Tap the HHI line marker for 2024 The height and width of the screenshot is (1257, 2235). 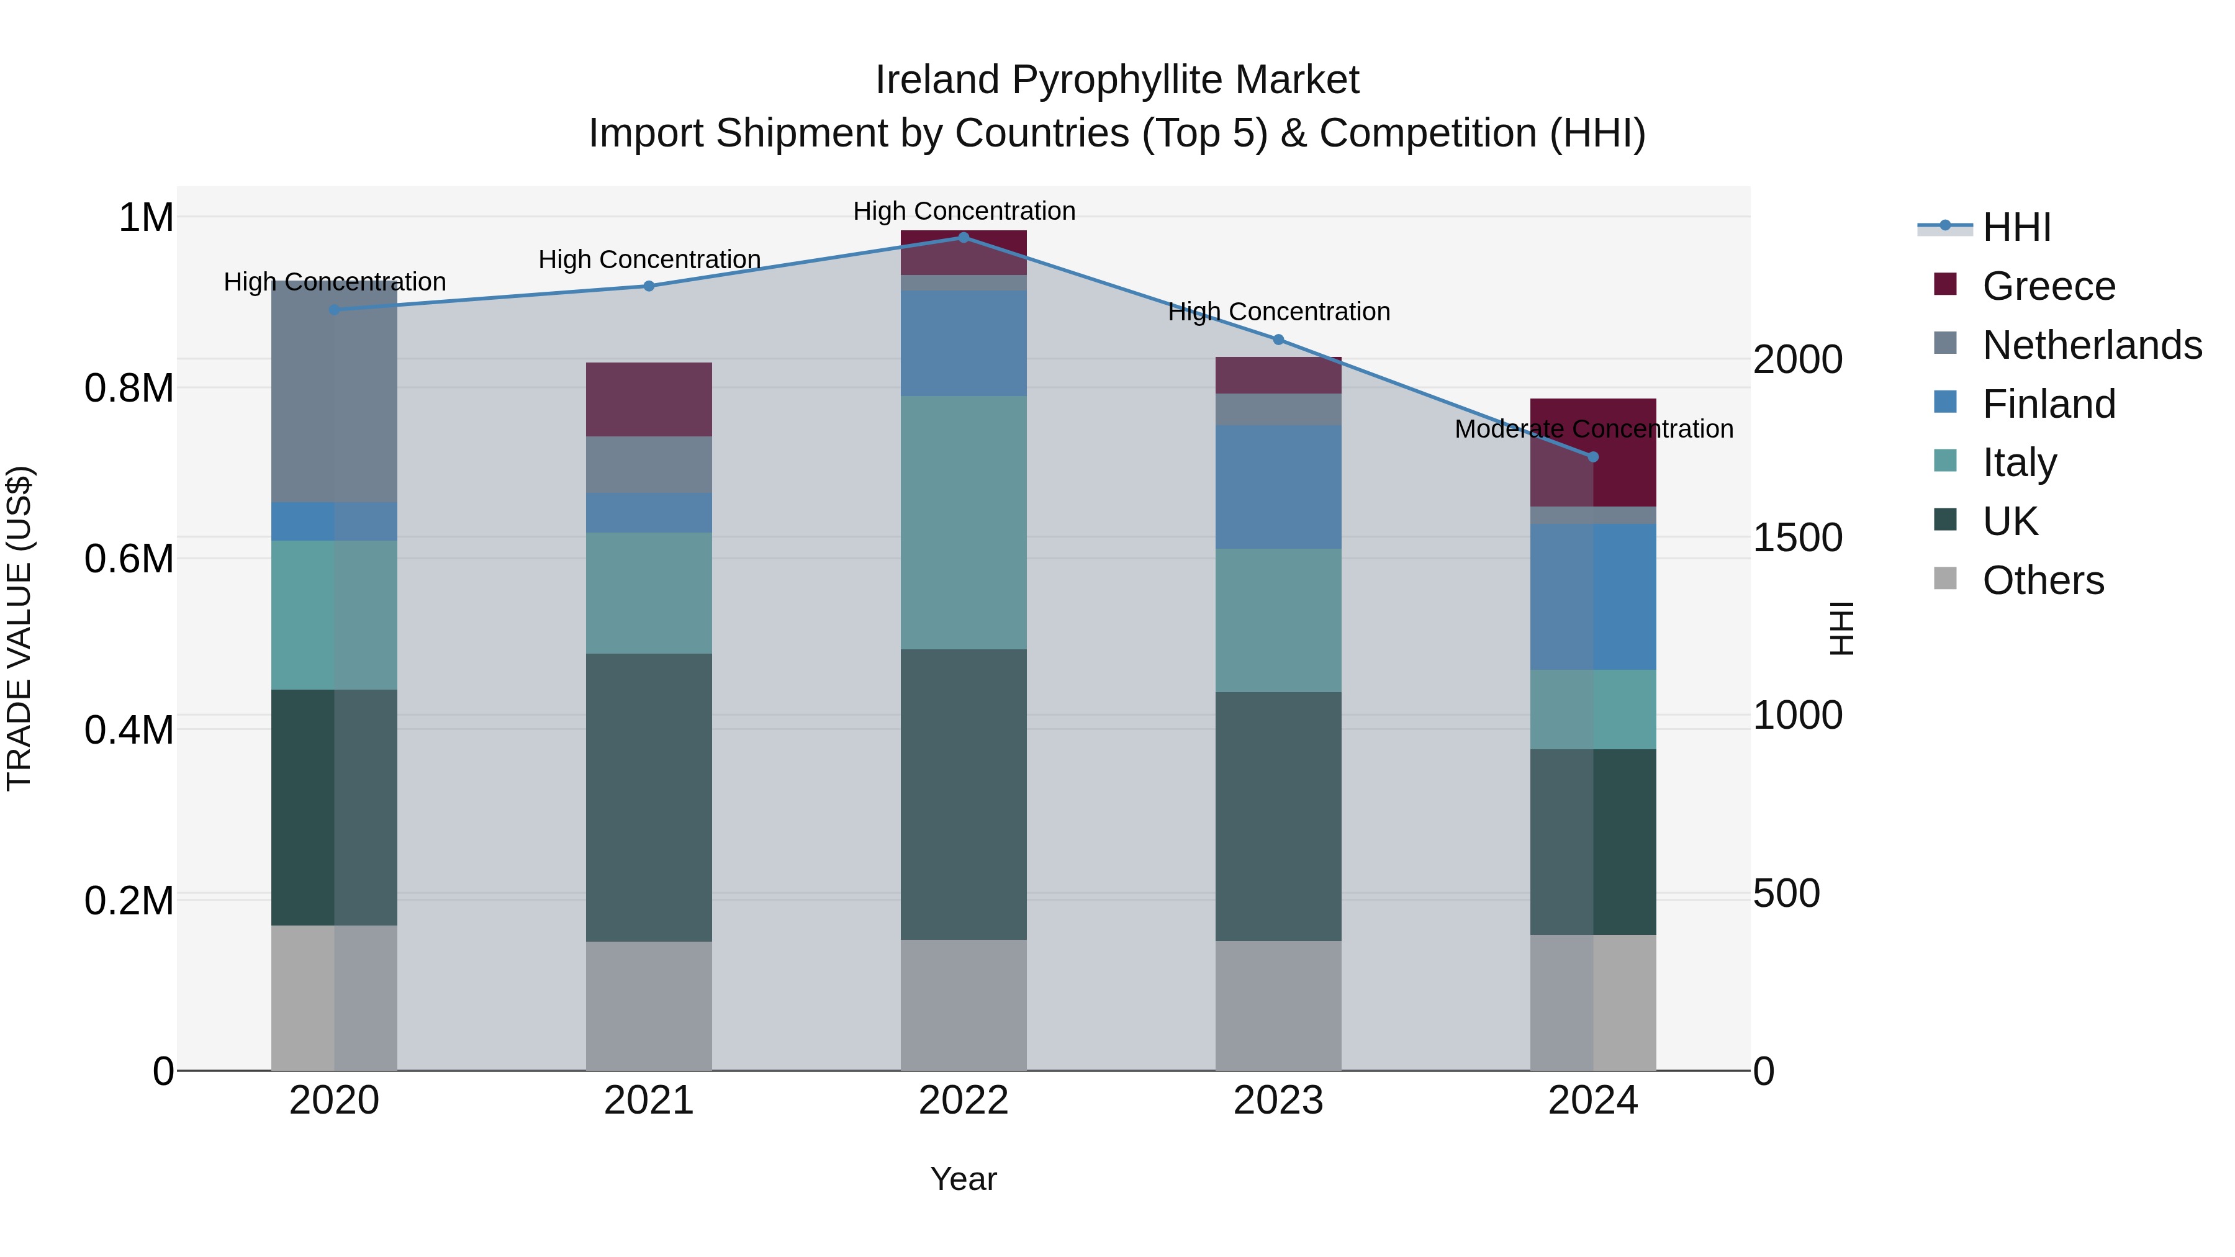(x=1593, y=456)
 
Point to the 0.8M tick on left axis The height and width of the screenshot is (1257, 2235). (x=129, y=388)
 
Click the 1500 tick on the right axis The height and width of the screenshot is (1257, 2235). (x=1797, y=538)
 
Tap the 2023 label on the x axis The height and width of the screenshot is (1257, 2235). (x=1278, y=1101)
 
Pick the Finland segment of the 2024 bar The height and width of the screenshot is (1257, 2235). (x=1593, y=596)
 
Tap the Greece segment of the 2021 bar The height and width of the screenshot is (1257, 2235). (x=649, y=399)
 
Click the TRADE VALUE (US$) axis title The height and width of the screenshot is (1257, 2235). (x=19, y=628)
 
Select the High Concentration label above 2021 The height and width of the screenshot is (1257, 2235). (x=649, y=259)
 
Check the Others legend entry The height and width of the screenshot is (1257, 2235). (x=2043, y=580)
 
